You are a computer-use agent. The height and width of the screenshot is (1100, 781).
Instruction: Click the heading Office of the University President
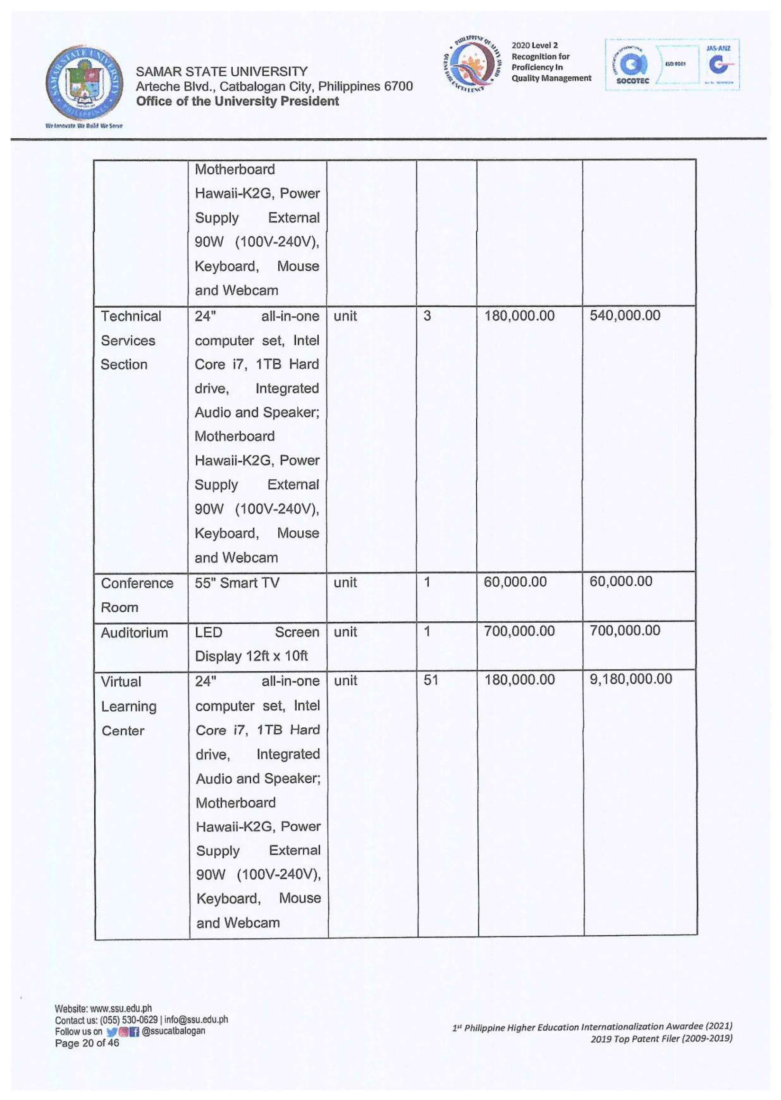point(237,101)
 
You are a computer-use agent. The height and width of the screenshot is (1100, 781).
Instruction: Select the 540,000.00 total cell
point(625,316)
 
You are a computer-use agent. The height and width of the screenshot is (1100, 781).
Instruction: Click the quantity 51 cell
point(431,680)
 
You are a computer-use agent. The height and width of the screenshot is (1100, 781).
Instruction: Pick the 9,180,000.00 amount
point(630,679)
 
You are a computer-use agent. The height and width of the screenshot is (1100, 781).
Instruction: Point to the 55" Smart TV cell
point(236,583)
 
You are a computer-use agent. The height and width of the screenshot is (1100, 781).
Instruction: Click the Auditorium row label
point(134,633)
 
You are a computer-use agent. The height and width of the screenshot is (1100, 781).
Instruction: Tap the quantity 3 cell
point(427,316)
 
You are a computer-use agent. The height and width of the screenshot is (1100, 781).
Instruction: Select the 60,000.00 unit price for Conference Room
point(515,582)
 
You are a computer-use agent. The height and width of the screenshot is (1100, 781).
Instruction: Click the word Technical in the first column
point(131,316)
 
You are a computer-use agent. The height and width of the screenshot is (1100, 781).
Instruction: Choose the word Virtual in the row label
point(121,682)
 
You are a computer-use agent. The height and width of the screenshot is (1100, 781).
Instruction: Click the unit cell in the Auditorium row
point(345,632)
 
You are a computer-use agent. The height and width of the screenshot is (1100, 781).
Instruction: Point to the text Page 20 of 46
point(87,1043)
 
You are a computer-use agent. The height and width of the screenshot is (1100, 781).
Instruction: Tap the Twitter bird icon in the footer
point(111,1032)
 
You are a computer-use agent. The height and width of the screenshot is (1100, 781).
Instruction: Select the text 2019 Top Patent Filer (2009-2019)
point(661,1038)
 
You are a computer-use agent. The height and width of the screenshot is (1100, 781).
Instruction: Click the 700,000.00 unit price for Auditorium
point(519,631)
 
